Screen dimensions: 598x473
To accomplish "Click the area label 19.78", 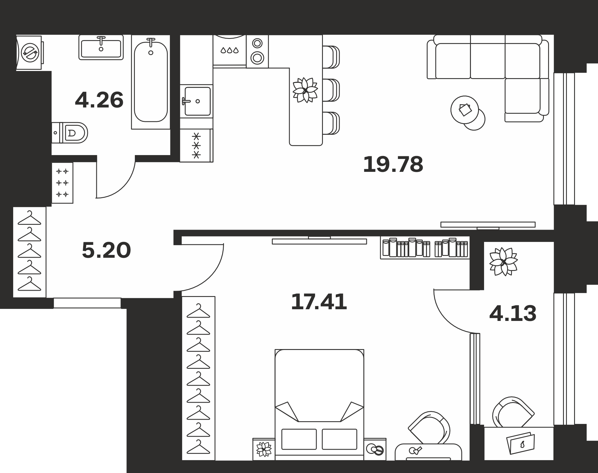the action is (x=393, y=164).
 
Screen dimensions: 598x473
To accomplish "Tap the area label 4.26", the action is (x=99, y=100).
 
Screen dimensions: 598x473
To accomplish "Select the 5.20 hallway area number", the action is (x=106, y=250).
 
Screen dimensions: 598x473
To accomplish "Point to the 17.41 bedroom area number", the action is (x=319, y=302).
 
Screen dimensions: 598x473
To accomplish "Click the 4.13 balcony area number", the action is (x=513, y=313).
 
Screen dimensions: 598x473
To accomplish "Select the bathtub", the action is (x=151, y=82).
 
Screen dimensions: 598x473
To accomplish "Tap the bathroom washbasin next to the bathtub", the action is (x=101, y=47).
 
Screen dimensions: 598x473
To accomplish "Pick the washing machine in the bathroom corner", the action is (x=30, y=53).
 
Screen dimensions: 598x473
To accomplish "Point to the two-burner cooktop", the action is (x=257, y=51).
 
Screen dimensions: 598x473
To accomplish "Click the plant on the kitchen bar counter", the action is (x=305, y=90).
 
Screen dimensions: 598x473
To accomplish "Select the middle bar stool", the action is (x=331, y=90).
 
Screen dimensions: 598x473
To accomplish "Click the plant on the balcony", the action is (x=504, y=262).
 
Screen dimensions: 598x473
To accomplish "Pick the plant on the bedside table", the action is (x=264, y=449).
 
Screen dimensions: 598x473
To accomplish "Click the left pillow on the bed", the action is (x=299, y=439).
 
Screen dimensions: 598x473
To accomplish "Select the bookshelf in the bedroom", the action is (x=425, y=248).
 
